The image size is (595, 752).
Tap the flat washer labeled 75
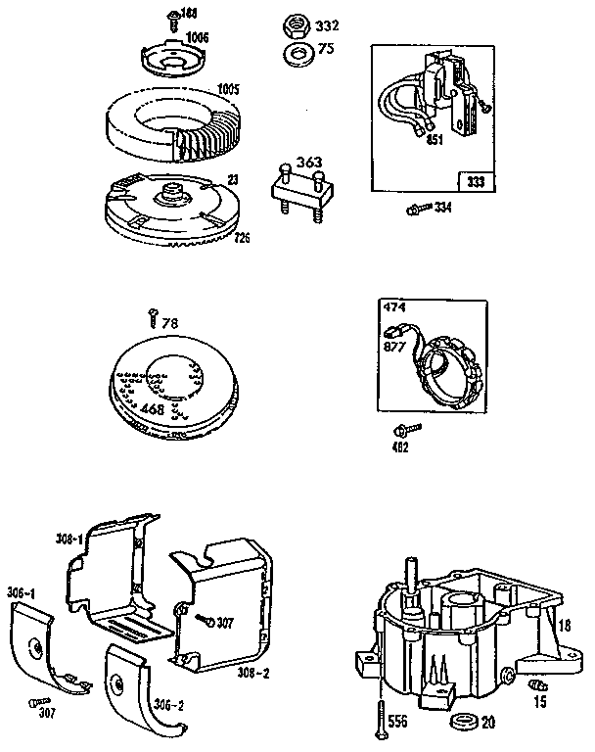point(297,52)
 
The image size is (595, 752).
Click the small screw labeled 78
point(153,316)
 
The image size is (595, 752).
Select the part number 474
point(393,309)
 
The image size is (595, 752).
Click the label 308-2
point(255,673)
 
